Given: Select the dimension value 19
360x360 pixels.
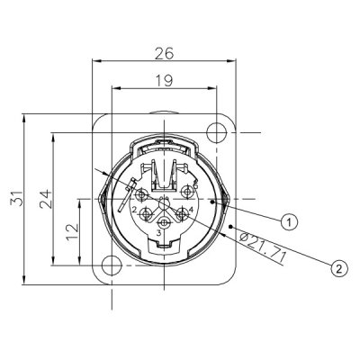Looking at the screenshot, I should (163, 79).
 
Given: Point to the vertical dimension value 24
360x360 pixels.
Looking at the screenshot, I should (44, 198).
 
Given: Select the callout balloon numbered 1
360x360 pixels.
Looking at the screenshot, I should (289, 220).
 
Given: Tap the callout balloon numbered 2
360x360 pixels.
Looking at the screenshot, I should (339, 267).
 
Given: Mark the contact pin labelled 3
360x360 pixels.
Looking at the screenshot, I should (164, 222).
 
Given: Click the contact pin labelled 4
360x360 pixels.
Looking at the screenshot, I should (180, 210).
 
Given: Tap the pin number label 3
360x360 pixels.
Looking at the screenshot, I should (158, 234).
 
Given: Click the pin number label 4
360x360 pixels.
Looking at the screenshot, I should (190, 211).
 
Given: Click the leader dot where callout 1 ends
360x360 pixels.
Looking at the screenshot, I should (214, 204).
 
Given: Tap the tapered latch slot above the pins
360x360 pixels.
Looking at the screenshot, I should (163, 176).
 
